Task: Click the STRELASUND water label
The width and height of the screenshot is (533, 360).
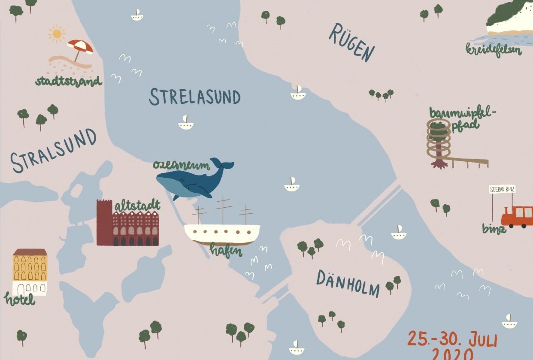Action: [x=194, y=97]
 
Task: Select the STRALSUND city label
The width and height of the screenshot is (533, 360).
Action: [x=54, y=150]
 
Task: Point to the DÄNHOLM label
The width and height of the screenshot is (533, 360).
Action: [x=348, y=284]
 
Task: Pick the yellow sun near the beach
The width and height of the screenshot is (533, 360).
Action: [x=56, y=34]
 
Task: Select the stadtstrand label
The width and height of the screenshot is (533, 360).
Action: [x=69, y=81]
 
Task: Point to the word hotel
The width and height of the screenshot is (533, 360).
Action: [x=20, y=299]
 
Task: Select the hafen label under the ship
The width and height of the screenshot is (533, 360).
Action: [x=226, y=250]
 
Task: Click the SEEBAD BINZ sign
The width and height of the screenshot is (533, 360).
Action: [x=502, y=189]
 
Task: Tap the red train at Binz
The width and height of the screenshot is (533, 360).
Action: [x=517, y=216]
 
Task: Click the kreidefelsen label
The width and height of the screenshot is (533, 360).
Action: [x=494, y=50]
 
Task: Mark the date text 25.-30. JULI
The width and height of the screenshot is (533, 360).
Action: [x=452, y=339]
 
